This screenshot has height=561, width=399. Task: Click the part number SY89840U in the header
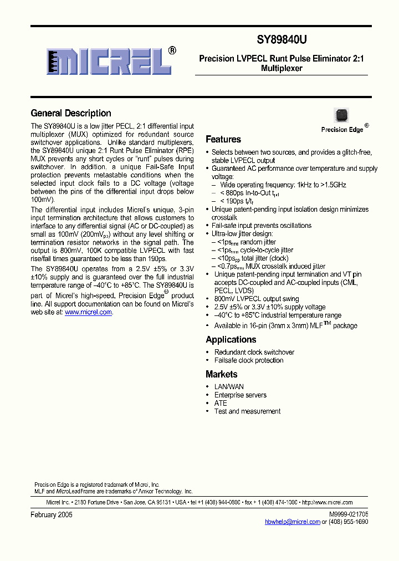tap(282, 40)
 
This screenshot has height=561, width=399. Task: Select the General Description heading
tap(70, 113)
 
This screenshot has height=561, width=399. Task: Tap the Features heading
tap(223, 140)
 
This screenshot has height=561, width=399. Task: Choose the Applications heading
tap(231, 340)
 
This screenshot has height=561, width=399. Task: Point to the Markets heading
tap(221, 374)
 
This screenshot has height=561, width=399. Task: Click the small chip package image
tap(341, 115)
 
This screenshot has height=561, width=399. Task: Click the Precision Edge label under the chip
tap(342, 130)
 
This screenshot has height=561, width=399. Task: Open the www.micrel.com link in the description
tap(88, 313)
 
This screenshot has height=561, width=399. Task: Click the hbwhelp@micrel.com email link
tap(293, 522)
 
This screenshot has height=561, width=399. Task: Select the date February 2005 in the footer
tap(52, 514)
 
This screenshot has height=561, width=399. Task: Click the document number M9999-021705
tap(348, 514)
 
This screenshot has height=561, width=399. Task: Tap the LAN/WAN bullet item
tap(229, 387)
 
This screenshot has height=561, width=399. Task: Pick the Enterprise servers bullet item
tap(240, 395)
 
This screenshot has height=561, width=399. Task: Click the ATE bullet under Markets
tap(221, 403)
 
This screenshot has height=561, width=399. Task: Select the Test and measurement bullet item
tap(247, 411)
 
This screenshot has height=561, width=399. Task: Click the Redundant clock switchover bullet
tap(254, 352)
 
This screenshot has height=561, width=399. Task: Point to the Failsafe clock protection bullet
tap(248, 360)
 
